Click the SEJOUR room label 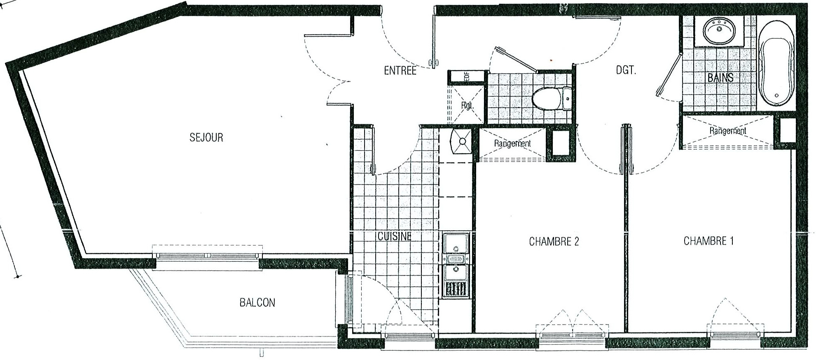pos(206,137)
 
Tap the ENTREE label pos(400,70)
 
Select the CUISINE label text pos(395,236)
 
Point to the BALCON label pos(257,303)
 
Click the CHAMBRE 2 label pos(554,241)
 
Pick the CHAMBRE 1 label pos(708,241)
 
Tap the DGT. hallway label pos(626,70)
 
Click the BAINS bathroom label pos(720,77)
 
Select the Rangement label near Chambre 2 pos(512,143)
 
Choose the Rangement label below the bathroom pos(727,131)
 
